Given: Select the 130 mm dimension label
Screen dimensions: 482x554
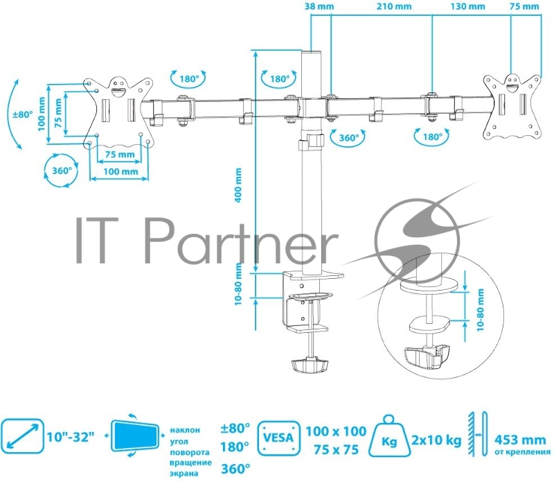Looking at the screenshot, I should tap(467, 6).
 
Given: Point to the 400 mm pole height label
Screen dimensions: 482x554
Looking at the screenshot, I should tap(238, 185).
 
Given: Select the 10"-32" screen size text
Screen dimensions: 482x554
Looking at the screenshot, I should tap(73, 438).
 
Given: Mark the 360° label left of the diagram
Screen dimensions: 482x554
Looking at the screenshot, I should tap(58, 170).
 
